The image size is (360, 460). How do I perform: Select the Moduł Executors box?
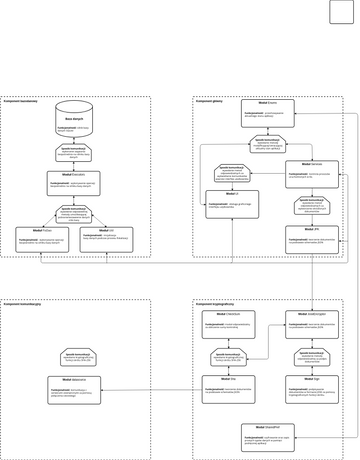[74, 182]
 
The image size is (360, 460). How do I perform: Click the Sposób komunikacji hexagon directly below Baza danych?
[74, 153]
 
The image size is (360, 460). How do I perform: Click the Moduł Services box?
[311, 174]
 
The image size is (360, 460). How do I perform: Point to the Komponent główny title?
[209, 101]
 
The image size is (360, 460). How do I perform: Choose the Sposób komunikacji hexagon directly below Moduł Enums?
[268, 144]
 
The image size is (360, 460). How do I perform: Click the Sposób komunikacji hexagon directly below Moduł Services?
[311, 205]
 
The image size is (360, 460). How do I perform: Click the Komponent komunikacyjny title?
[22, 303]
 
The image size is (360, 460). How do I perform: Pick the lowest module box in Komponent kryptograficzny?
[268, 436]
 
